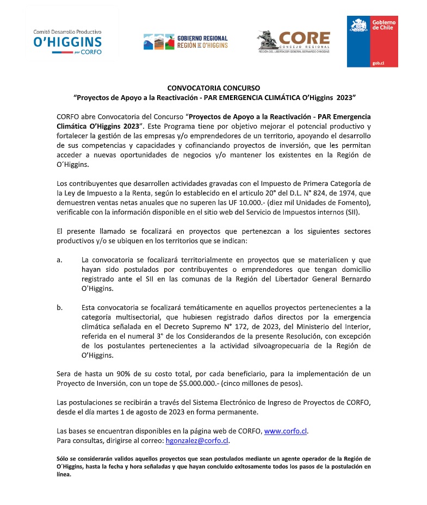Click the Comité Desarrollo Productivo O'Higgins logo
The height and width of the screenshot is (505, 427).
click(68, 42)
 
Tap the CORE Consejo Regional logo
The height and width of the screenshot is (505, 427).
click(293, 41)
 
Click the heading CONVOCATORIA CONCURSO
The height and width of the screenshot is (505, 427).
click(214, 88)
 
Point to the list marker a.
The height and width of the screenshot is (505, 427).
click(59, 260)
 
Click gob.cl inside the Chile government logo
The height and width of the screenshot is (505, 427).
click(379, 63)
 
